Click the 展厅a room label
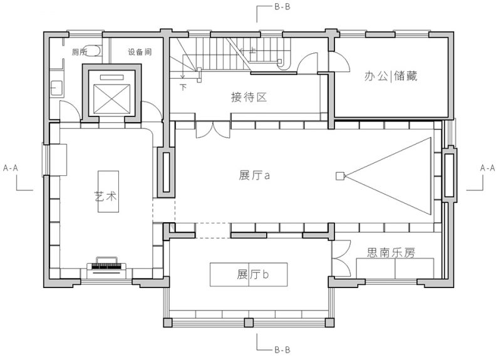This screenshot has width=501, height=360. [x=254, y=175]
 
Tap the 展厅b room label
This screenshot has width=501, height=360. [x=253, y=274]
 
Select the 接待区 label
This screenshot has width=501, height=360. [x=249, y=97]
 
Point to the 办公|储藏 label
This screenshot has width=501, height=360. [x=391, y=76]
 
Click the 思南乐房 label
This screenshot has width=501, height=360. [x=391, y=253]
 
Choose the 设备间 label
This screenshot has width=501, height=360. [x=140, y=52]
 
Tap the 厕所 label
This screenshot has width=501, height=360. [x=80, y=52]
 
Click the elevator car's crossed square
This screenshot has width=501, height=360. [x=112, y=99]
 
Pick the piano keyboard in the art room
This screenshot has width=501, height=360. [x=106, y=267]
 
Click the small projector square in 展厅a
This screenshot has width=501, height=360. [x=340, y=176]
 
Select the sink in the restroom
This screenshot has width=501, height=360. [x=56, y=88]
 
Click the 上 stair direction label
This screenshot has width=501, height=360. [x=252, y=50]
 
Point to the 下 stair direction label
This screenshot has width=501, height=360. [x=183, y=87]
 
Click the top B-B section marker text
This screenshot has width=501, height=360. [x=282, y=7]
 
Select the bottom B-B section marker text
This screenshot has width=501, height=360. [x=282, y=350]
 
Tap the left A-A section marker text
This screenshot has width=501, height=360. [x=11, y=168]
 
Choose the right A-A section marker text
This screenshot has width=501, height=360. [x=488, y=168]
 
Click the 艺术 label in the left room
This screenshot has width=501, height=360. [x=106, y=196]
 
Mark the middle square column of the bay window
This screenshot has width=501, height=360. [x=249, y=322]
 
